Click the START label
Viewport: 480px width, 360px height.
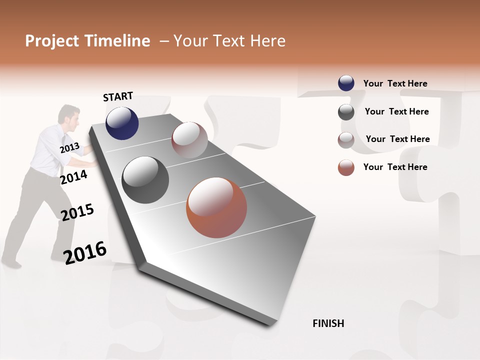[118, 96]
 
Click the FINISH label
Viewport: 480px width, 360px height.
[328, 323]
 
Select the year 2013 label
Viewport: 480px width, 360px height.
[69, 148]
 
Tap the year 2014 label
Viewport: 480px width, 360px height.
[74, 177]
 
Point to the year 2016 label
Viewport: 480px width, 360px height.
[85, 252]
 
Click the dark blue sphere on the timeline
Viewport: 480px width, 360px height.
[122, 123]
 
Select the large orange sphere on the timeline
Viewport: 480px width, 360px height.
[216, 207]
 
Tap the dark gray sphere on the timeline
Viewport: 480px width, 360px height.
[145, 179]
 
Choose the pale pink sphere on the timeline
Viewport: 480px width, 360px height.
[189, 139]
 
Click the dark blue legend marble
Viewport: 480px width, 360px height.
[346, 83]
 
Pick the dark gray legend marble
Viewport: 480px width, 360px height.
[346, 112]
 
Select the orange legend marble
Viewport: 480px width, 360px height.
[346, 167]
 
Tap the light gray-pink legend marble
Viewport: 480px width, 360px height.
[346, 140]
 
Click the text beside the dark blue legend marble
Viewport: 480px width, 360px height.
[395, 83]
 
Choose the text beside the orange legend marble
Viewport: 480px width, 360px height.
[395, 167]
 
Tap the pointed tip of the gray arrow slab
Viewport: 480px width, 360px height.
[270, 325]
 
